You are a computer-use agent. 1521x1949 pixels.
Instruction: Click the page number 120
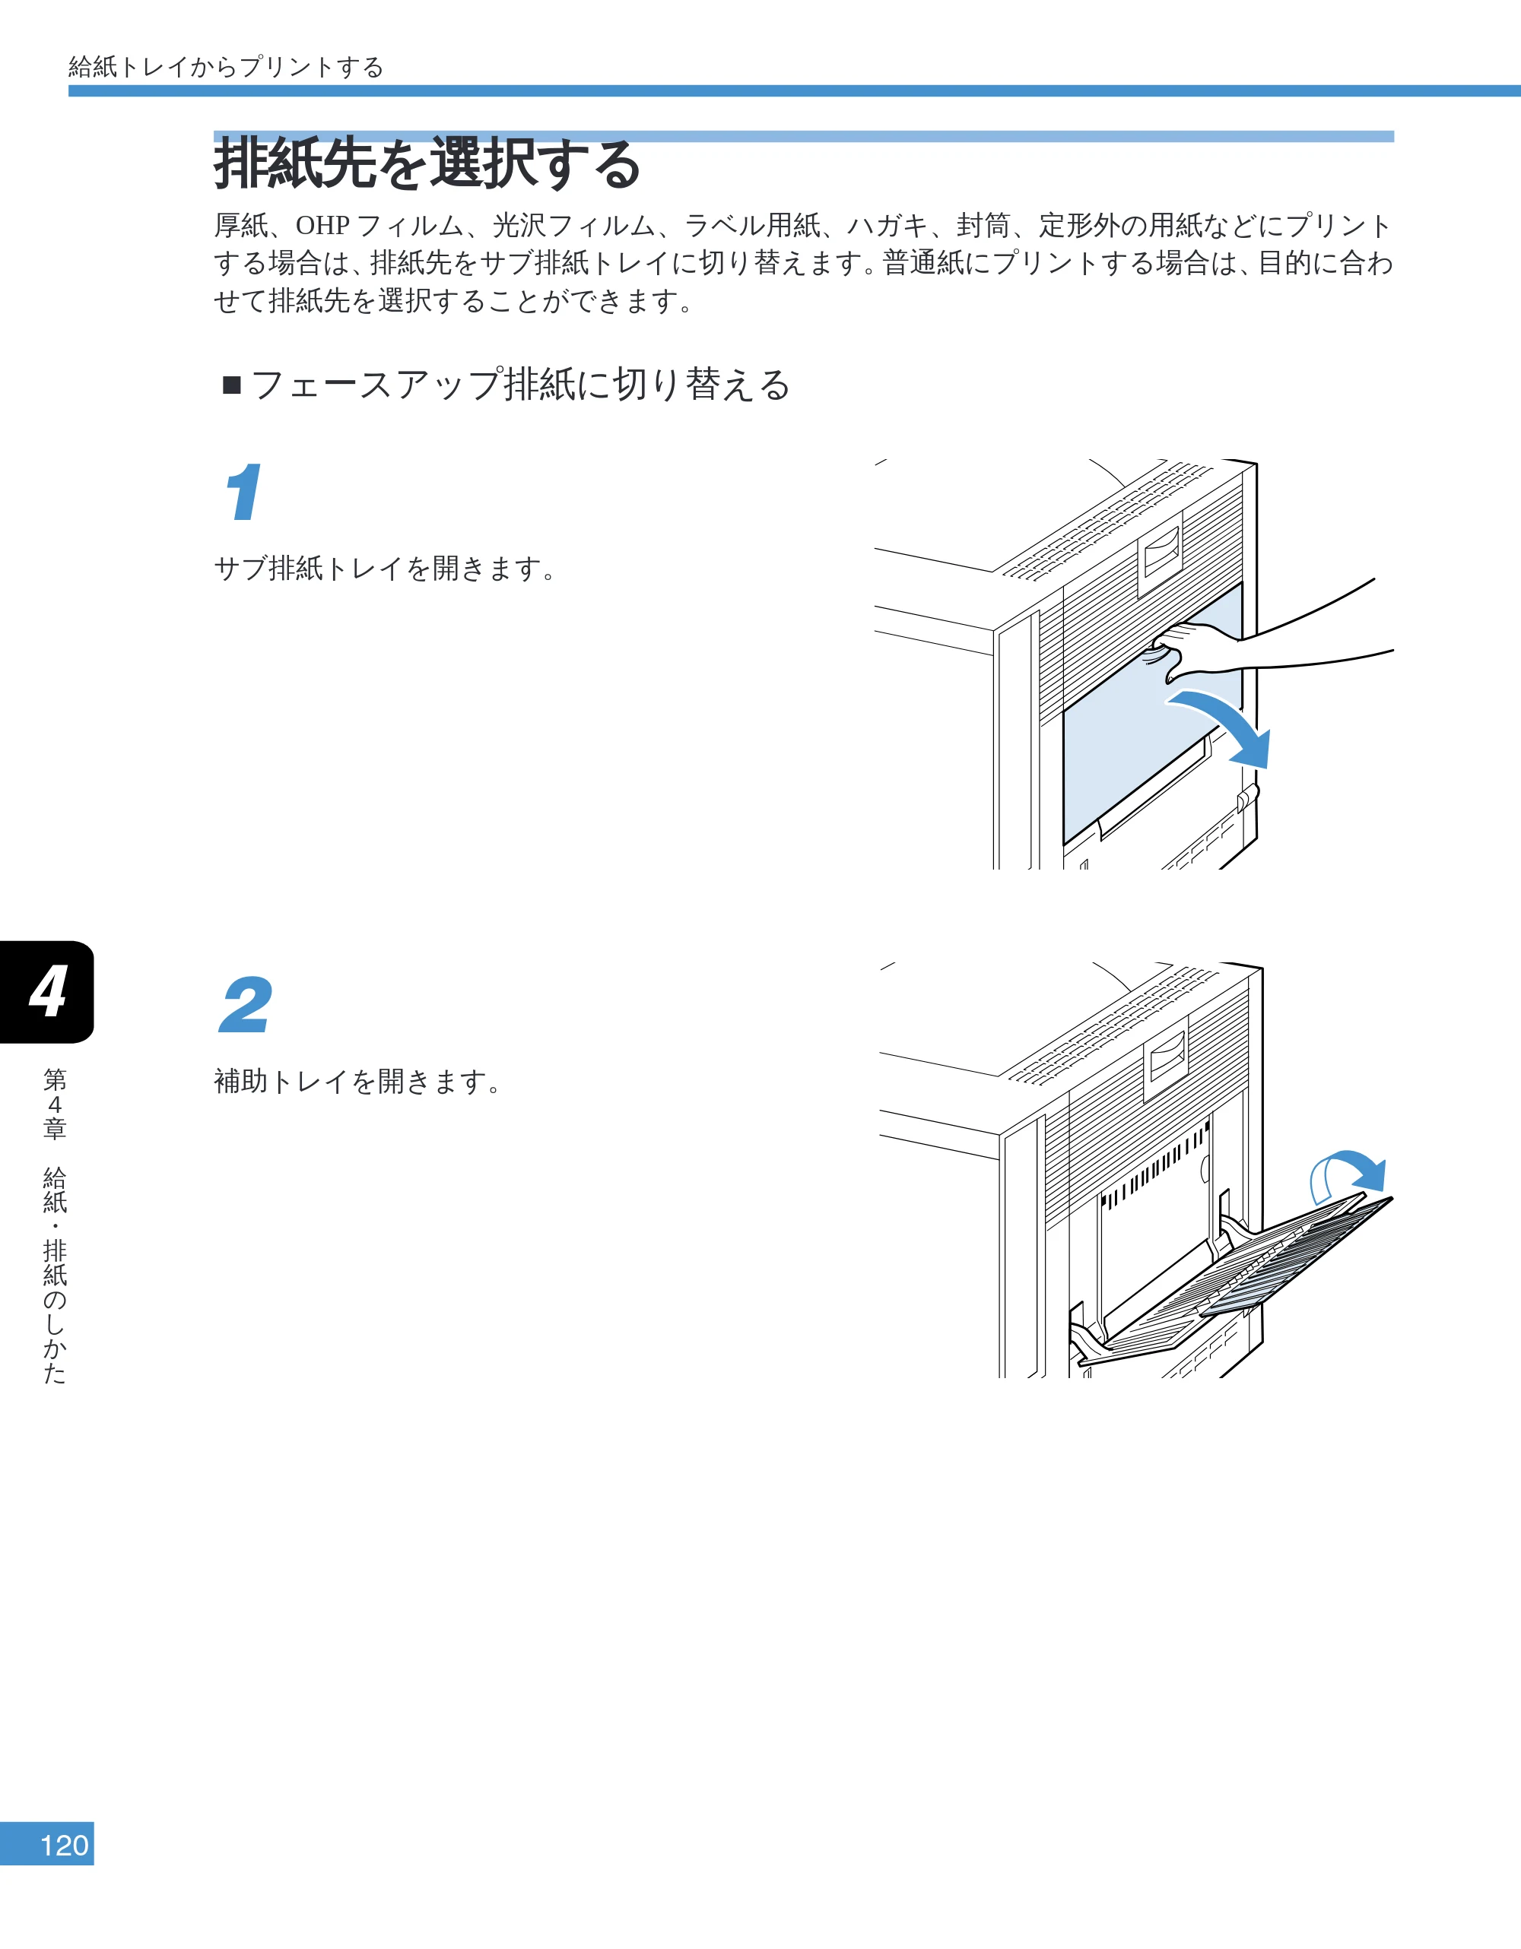[65, 1846]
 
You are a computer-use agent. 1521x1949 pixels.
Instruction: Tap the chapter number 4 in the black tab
[48, 991]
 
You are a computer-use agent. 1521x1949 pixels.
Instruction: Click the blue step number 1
[243, 491]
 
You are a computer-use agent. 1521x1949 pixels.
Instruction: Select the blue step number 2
[246, 1005]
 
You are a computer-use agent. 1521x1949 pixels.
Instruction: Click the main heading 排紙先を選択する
[427, 163]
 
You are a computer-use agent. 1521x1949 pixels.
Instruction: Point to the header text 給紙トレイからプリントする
[226, 67]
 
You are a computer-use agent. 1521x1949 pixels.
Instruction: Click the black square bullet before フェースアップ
[232, 385]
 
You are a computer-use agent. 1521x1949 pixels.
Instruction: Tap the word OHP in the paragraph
[322, 226]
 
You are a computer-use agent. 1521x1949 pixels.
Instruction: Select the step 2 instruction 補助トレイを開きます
[357, 1082]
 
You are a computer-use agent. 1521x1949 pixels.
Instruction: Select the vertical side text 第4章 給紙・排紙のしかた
[55, 1226]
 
